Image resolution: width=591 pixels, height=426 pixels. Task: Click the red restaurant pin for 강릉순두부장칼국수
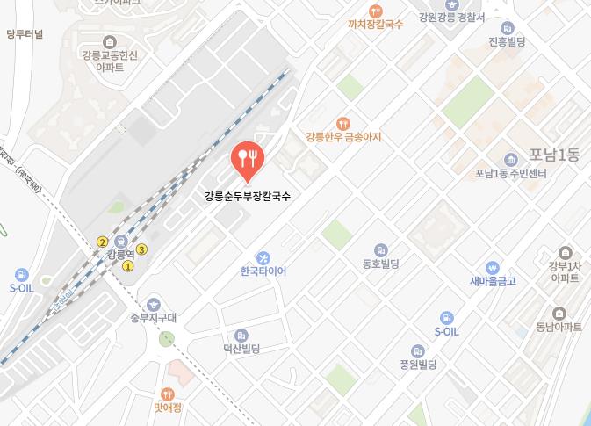[x=247, y=159]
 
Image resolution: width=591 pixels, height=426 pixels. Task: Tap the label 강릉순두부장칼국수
[x=247, y=196]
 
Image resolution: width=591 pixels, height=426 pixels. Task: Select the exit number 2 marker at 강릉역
[x=103, y=242]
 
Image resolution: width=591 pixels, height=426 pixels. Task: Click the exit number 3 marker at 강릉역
[x=141, y=249]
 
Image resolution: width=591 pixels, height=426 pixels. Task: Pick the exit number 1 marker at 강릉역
[x=128, y=266]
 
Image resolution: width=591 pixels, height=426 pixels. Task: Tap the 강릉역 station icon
[x=123, y=242]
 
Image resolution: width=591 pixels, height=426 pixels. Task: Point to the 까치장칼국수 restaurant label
[x=375, y=25]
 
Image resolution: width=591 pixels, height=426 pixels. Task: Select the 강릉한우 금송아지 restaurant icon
[x=343, y=124]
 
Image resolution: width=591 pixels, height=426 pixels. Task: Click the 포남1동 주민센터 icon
[x=510, y=159]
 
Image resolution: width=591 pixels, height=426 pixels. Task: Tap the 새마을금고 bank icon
[x=493, y=267]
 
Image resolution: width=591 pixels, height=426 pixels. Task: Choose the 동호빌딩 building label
[x=380, y=264]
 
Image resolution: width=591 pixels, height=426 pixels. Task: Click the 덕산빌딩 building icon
[x=241, y=336]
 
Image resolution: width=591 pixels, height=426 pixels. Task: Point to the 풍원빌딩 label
[x=418, y=364]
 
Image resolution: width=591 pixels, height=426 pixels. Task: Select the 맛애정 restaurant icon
[x=168, y=394]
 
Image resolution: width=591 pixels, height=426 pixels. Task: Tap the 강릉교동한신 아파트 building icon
[x=108, y=42]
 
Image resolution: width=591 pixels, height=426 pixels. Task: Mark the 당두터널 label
[x=25, y=35]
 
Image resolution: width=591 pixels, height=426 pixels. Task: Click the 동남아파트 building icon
[x=559, y=314]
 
